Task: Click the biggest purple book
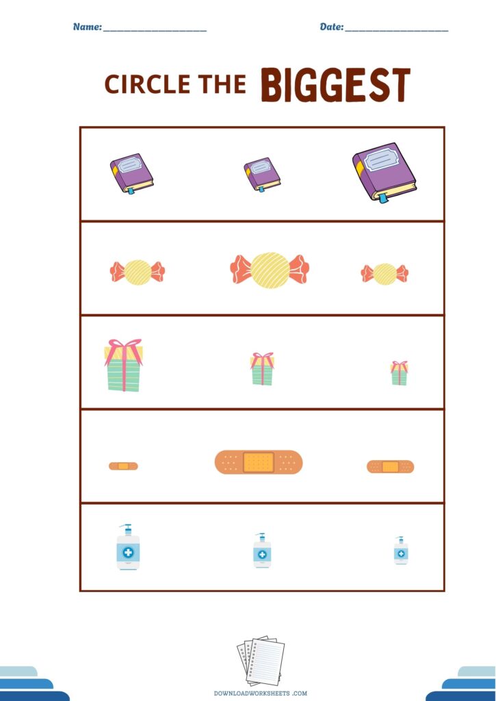(384, 173)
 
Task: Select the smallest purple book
(262, 175)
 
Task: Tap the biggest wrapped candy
(270, 270)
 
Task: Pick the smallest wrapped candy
(384, 274)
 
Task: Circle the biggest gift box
(123, 366)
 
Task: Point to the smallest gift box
(399, 373)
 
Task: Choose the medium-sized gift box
(262, 369)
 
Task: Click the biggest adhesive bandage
(259, 462)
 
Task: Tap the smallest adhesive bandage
(123, 466)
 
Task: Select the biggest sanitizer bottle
(128, 547)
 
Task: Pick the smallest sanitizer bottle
(401, 550)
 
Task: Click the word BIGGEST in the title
(335, 84)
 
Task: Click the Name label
(88, 27)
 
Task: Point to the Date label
(332, 27)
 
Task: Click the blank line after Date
(397, 31)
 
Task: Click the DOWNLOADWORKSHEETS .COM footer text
(261, 693)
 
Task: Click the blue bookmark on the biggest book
(383, 198)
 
